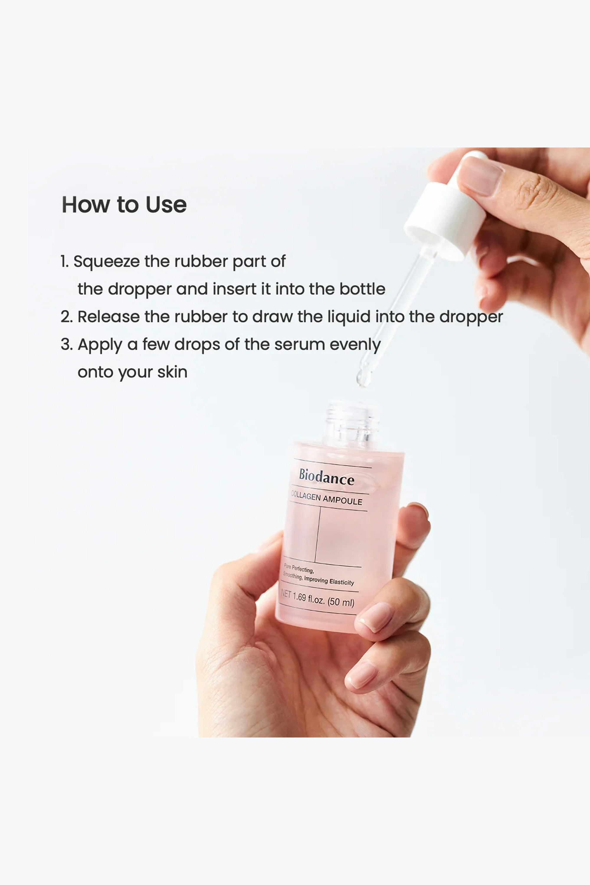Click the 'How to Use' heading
[x=124, y=205]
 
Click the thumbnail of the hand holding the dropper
[x=481, y=176]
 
